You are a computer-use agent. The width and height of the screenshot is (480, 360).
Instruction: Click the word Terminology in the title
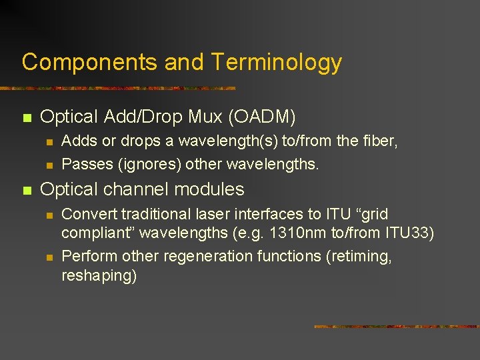click(x=277, y=62)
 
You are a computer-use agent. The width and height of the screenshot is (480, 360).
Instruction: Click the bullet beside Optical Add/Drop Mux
click(x=27, y=118)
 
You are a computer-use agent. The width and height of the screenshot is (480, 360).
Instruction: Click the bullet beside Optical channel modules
click(x=27, y=191)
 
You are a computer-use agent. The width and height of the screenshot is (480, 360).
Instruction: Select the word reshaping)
click(x=99, y=276)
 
